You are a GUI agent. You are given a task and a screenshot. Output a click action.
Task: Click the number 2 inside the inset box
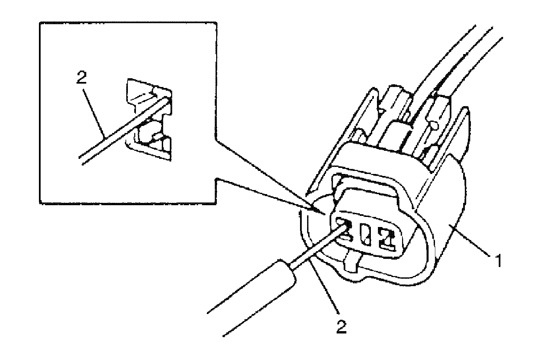tap(82, 78)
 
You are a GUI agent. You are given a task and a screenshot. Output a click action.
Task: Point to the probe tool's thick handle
tap(255, 296)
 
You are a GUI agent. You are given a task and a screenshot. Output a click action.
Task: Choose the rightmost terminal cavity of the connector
tap(387, 239)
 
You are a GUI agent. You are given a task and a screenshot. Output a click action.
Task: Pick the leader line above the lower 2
tap(324, 289)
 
